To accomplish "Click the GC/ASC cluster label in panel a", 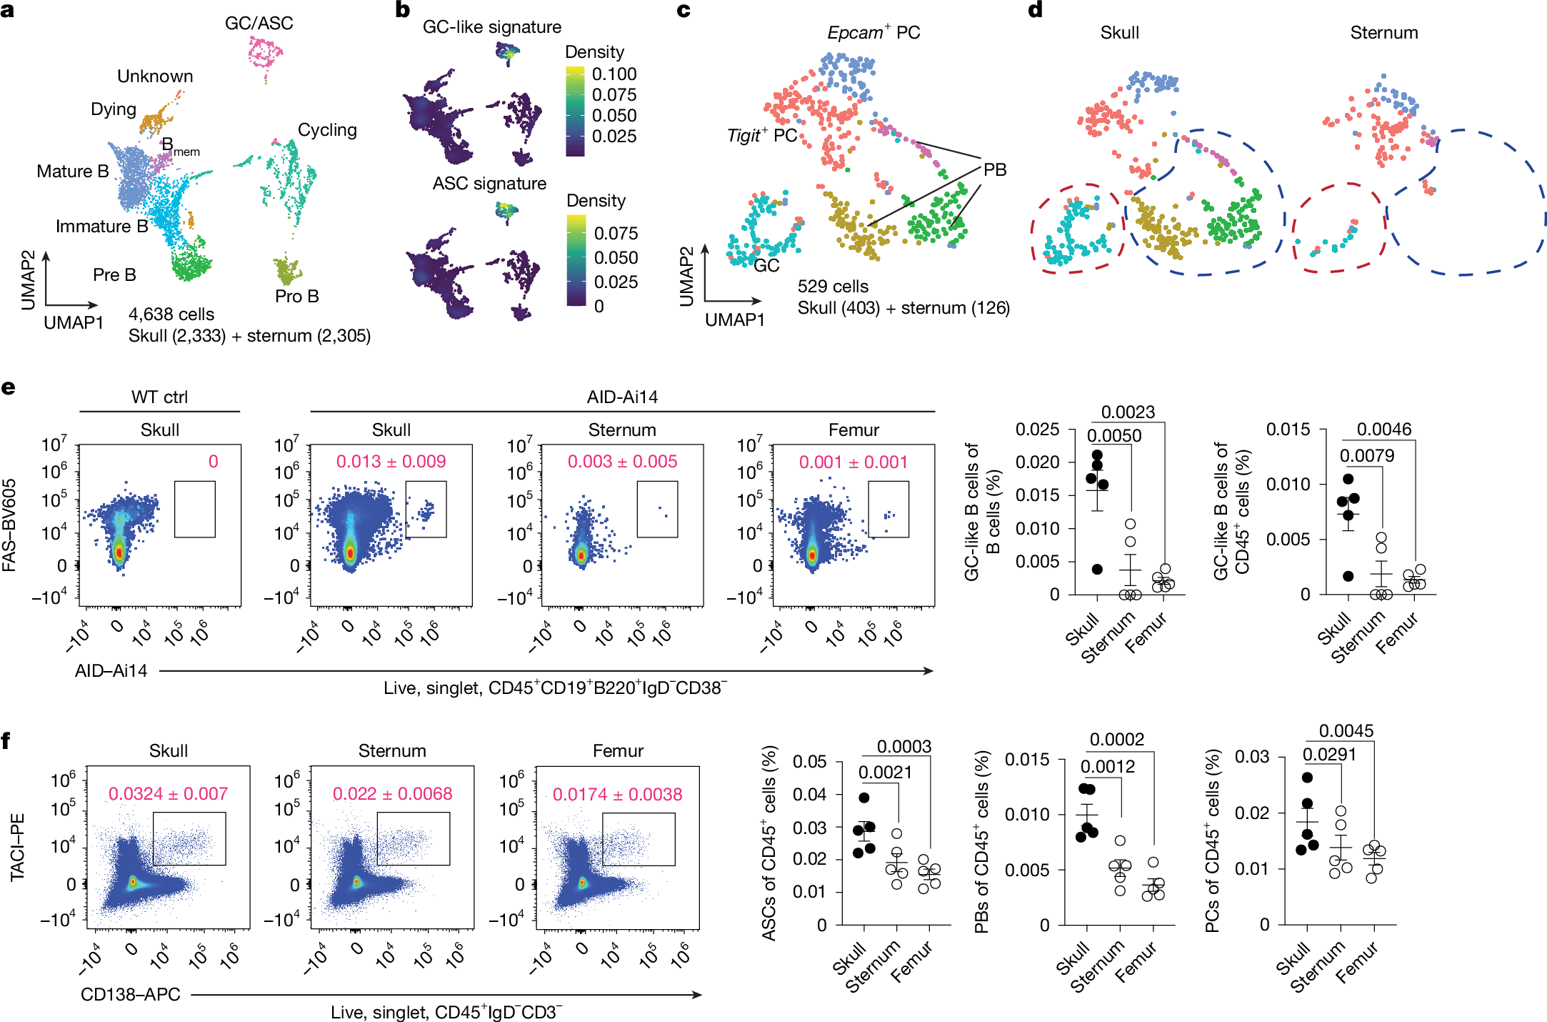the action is [x=259, y=24].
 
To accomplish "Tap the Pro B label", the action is [x=297, y=296].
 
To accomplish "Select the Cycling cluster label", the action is [x=327, y=130].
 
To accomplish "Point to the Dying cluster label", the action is [x=114, y=109].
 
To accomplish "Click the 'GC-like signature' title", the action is [x=492, y=27].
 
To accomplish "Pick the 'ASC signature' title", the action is [x=489, y=184].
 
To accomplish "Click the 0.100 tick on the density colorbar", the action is [x=614, y=74].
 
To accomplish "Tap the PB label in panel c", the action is [x=995, y=170].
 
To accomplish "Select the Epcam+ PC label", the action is [x=873, y=32].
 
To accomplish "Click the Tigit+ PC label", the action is [x=762, y=135].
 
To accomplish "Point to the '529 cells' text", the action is [x=833, y=287].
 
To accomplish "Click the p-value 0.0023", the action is [x=1128, y=412].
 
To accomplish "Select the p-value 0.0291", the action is [x=1329, y=755].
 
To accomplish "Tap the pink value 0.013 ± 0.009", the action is [x=391, y=462].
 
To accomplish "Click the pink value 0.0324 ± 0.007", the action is [x=169, y=794].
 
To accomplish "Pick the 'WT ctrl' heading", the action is [x=159, y=397].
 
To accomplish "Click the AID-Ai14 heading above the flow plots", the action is [x=622, y=397].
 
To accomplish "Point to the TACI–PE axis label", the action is [x=17, y=847].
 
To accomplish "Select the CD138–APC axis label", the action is [x=130, y=995].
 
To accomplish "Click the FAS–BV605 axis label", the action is [x=9, y=525].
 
